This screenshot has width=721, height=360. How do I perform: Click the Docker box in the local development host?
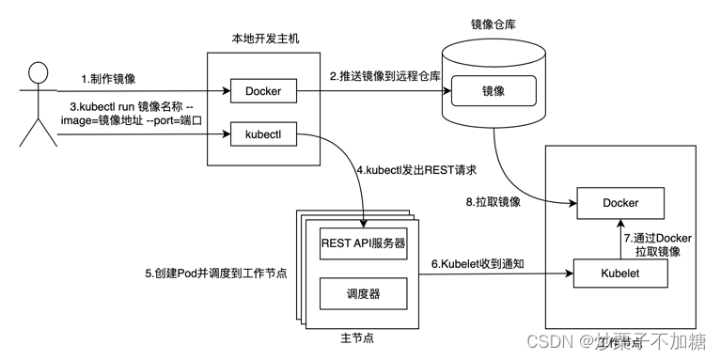point(263,91)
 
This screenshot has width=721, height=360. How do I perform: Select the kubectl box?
point(263,137)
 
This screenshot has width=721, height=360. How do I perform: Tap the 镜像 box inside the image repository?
point(493,91)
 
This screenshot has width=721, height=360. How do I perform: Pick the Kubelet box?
point(620,273)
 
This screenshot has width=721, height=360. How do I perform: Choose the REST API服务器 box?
point(363,243)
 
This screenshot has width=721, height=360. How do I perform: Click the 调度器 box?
point(363,293)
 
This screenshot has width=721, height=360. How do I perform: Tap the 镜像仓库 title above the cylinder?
point(493,22)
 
